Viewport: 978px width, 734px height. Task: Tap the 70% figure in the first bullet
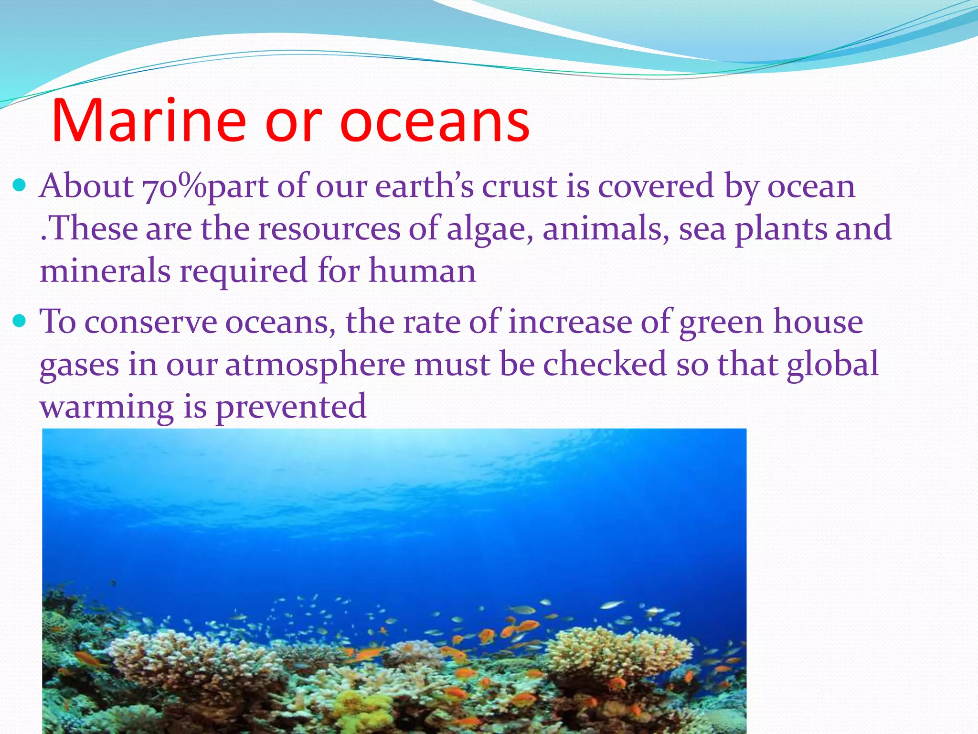(174, 186)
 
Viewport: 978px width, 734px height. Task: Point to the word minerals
(105, 270)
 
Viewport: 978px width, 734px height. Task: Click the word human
(422, 270)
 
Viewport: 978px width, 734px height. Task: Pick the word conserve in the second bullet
(150, 322)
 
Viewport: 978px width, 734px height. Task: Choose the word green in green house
(721, 322)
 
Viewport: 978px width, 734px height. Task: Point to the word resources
(329, 229)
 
